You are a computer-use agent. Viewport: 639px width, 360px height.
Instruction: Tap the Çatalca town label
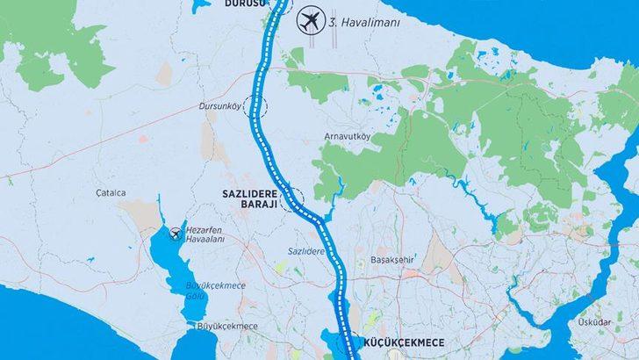pyautogui.click(x=112, y=193)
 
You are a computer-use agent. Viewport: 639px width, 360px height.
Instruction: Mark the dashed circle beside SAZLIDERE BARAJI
pyautogui.click(x=292, y=201)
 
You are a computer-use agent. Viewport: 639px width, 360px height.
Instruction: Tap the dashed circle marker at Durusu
pyautogui.click(x=282, y=4)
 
